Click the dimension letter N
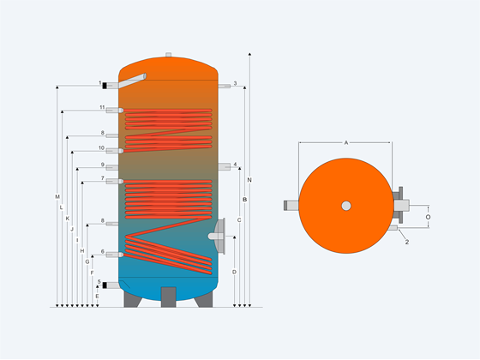pyautogui.click(x=249, y=180)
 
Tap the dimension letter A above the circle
pyautogui.click(x=346, y=142)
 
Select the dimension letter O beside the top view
pyautogui.click(x=428, y=217)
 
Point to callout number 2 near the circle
pyautogui.click(x=407, y=242)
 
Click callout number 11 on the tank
pyautogui.click(x=102, y=107)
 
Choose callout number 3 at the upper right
pyautogui.click(x=235, y=83)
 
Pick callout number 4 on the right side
pyautogui.click(x=235, y=165)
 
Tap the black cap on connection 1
pyautogui.click(x=105, y=86)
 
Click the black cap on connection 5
pyautogui.click(x=105, y=285)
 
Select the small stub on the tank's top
pyautogui.click(x=168, y=55)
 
